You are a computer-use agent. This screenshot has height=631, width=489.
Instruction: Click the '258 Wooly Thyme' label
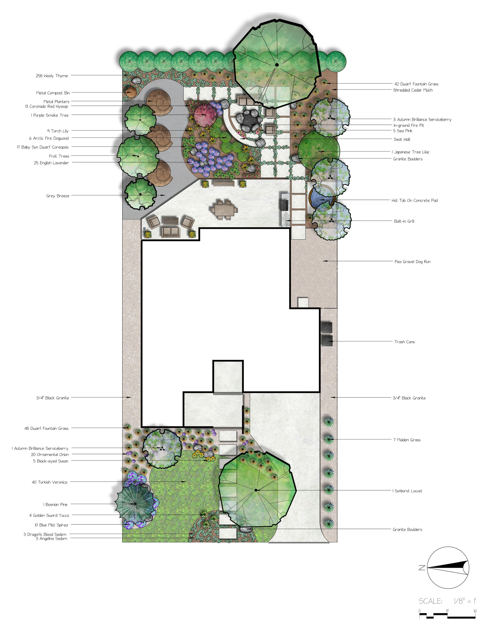click(x=52, y=76)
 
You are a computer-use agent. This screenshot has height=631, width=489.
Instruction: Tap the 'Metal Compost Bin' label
click(x=53, y=93)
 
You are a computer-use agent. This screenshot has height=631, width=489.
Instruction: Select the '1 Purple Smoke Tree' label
click(x=50, y=115)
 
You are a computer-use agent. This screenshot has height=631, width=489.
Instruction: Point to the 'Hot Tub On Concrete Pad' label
click(x=415, y=200)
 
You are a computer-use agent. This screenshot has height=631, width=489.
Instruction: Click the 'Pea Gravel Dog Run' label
click(x=412, y=262)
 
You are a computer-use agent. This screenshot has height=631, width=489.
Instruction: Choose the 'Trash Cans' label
click(x=404, y=342)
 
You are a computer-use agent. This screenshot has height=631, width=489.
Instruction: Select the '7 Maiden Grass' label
click(x=407, y=440)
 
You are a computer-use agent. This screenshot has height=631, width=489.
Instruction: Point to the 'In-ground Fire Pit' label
click(x=408, y=125)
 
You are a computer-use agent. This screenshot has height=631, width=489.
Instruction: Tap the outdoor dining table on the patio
click(x=224, y=210)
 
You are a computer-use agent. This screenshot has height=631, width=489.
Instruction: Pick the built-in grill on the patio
click(x=284, y=205)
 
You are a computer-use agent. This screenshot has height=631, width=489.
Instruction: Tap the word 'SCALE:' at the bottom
click(x=430, y=601)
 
